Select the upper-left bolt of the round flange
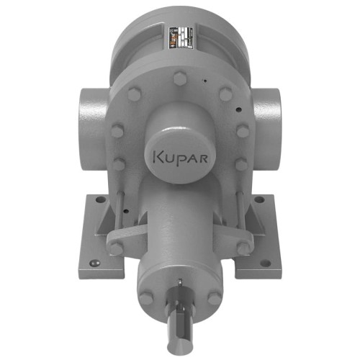[x=134, y=94]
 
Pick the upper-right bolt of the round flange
[x=226, y=94]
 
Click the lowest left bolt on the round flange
[x=117, y=163]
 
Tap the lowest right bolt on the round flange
[x=242, y=163]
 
